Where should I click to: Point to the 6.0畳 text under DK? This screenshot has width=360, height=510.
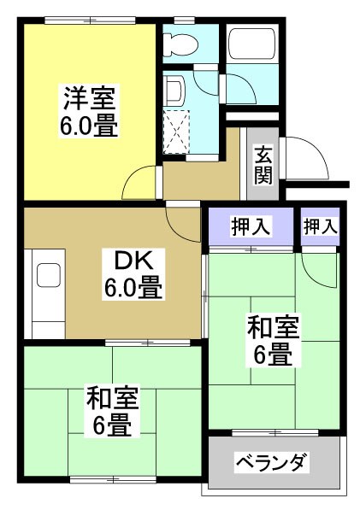tap(133, 289)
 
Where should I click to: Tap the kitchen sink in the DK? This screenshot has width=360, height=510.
tap(48, 275)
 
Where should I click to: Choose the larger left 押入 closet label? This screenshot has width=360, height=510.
tap(251, 226)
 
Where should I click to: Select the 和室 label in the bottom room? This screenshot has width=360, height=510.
tap(112, 396)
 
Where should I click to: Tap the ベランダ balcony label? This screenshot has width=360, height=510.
tap(272, 463)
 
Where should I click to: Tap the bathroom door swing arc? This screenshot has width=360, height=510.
tap(210, 85)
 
